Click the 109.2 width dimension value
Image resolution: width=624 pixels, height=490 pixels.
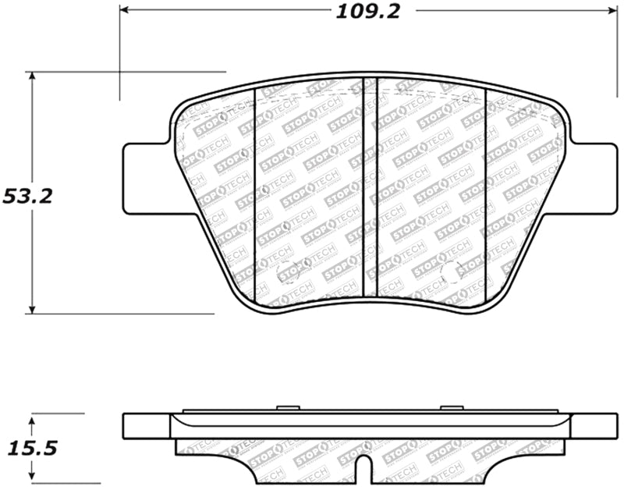363,11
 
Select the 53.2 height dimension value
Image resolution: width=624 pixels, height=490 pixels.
27,196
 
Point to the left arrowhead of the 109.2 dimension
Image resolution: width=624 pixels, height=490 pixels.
124,10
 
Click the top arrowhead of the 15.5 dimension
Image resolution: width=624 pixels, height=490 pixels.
32,419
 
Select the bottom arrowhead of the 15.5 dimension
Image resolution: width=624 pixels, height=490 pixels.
32,478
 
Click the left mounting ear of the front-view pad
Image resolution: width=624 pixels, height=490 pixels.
145,178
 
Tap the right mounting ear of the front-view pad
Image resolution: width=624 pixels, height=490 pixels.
594,178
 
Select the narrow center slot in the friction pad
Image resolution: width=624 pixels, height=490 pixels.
370,187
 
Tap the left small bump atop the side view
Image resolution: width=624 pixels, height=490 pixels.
288,407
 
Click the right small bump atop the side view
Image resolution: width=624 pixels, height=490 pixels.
451,407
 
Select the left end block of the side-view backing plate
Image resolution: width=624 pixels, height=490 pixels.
147,426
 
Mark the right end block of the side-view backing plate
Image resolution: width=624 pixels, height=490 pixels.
594,426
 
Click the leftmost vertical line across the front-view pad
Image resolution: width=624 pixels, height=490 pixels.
257,195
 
